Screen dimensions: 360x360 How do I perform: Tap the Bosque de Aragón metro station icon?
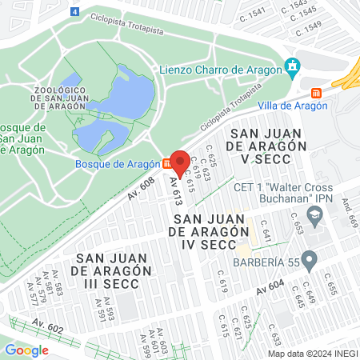(166, 163)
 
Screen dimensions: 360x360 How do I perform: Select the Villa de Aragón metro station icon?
(317, 91)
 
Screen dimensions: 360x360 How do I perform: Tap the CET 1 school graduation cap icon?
(316, 214)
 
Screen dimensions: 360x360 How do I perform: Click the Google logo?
(26, 350)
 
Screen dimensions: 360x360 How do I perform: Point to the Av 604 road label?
(272, 291)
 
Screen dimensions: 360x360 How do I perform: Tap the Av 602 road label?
(49, 325)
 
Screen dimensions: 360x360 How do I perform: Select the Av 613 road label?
(174, 190)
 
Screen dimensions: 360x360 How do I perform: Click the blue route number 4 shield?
(74, 12)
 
